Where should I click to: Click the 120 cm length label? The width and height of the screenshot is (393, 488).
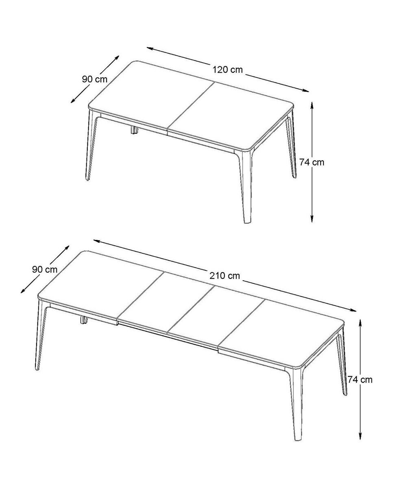(227, 70)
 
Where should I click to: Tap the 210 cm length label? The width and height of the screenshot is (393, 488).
(225, 276)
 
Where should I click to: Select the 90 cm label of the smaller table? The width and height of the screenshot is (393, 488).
(95, 79)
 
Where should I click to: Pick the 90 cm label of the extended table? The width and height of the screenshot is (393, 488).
(45, 269)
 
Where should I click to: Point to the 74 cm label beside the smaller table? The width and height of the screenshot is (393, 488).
(312, 162)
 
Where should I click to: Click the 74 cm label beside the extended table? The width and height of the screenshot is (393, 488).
(360, 380)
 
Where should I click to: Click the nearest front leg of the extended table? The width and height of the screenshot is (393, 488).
(296, 403)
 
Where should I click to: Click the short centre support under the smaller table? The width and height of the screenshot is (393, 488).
(134, 130)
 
